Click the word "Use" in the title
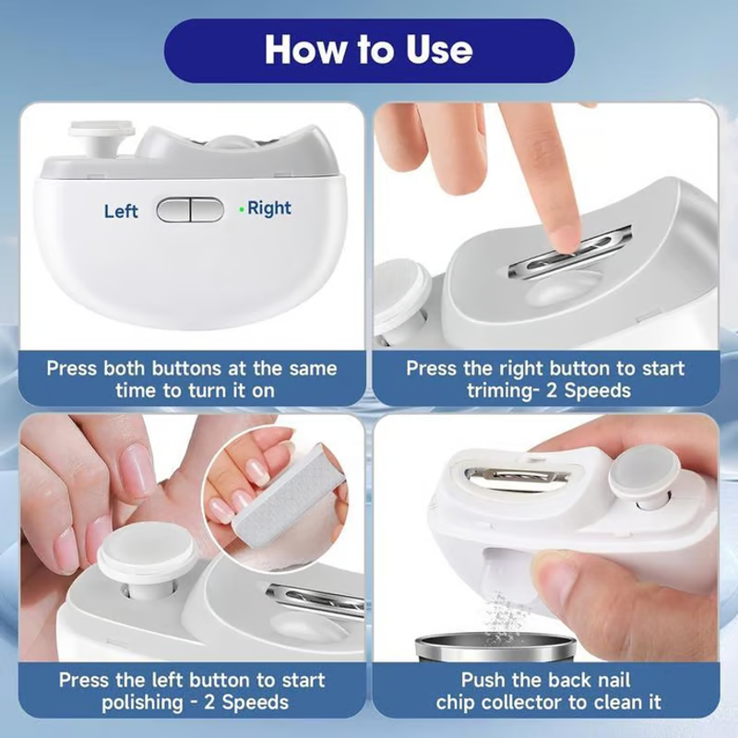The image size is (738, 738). point(439,50)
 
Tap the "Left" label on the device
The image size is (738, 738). point(121,211)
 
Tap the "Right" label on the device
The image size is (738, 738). point(269,208)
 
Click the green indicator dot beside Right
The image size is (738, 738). point(242,209)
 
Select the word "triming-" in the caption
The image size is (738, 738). point(502,391)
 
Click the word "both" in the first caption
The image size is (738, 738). point(124,368)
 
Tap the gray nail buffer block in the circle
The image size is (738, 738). point(288,495)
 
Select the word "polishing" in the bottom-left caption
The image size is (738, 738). point(142,703)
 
